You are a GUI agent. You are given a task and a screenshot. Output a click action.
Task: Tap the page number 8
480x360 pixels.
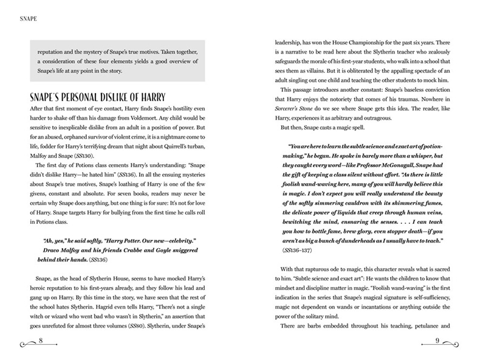pos(40,339)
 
